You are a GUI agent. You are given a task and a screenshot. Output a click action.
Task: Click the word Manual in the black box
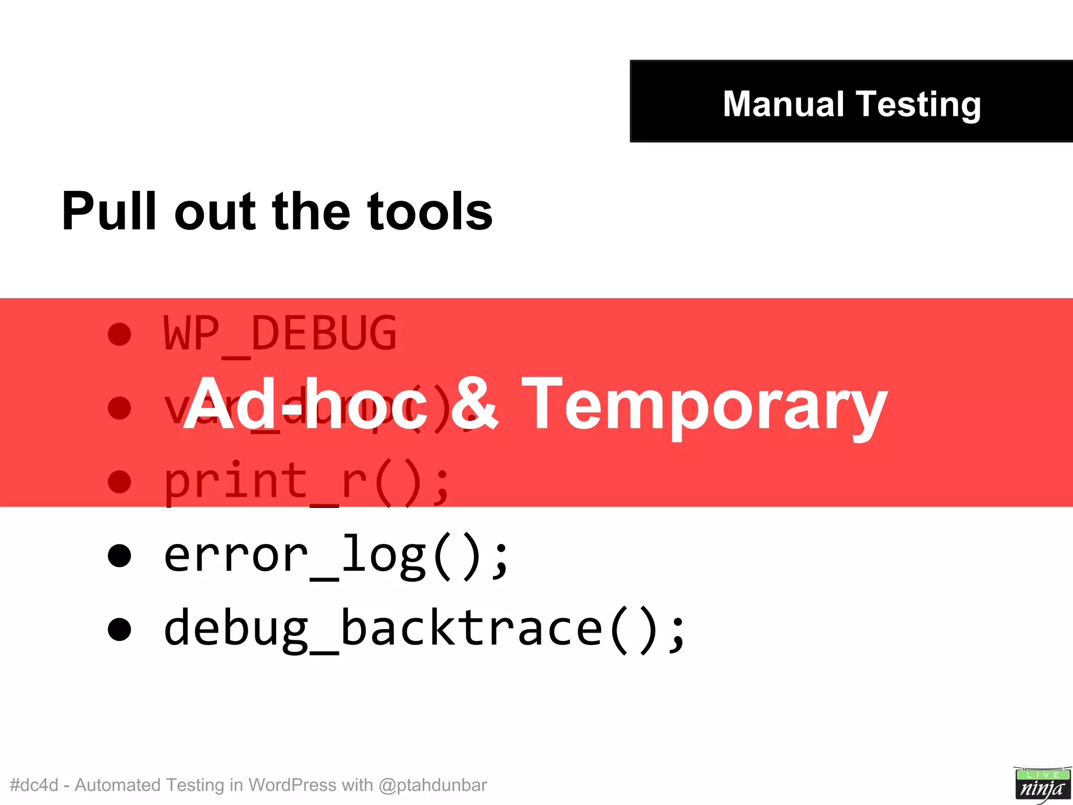[x=783, y=104]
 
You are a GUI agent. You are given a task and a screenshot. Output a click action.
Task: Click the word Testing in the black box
[x=918, y=105]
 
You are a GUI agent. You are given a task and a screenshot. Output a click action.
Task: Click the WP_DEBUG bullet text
[x=280, y=334]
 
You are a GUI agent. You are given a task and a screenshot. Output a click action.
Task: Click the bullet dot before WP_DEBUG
[x=119, y=334]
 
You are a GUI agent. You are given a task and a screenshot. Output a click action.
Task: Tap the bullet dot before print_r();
[x=119, y=482]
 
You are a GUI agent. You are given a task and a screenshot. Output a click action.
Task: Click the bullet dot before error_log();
[x=119, y=556]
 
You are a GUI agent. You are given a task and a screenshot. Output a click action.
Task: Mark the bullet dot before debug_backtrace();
[x=119, y=629]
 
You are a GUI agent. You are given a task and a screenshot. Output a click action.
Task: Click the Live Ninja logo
[x=1042, y=784]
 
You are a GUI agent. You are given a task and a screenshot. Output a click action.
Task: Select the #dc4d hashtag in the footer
[x=34, y=785]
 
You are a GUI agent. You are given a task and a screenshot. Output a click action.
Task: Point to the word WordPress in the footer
[x=292, y=785]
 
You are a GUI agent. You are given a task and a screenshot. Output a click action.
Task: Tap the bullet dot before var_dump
[x=119, y=408]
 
